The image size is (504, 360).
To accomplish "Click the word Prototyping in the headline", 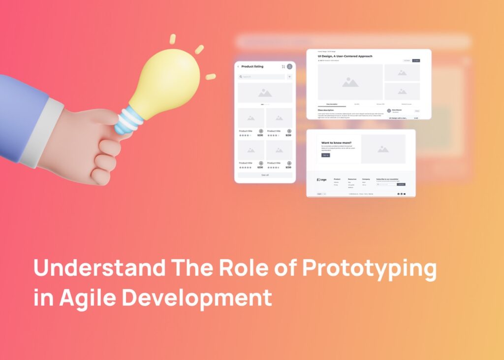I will [x=369, y=268].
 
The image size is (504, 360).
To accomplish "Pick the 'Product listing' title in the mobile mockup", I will [x=252, y=66].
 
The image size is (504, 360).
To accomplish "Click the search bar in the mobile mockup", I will [x=261, y=77].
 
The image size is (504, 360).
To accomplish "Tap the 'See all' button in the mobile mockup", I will [x=265, y=175].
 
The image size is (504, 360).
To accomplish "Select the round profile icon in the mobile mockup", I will [x=289, y=66].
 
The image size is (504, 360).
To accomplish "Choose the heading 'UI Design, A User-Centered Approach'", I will [x=345, y=57].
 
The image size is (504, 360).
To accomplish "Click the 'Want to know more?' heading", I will [x=336, y=143].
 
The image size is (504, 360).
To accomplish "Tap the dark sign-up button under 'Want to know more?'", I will [x=325, y=155].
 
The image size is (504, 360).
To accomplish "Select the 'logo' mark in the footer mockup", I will [x=321, y=179].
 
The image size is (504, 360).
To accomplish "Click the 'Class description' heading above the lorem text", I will [x=327, y=110].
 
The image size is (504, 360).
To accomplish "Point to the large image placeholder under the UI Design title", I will [x=350, y=82].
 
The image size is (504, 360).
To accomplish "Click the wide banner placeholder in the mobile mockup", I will [x=265, y=93].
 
